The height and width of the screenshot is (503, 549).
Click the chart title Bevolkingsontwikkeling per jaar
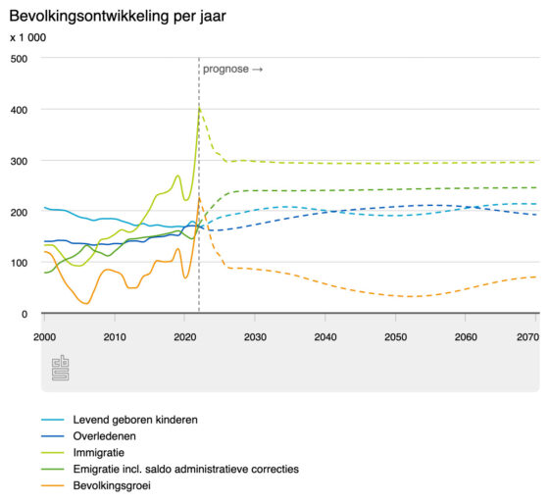[118, 17]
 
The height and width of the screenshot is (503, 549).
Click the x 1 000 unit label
[28, 37]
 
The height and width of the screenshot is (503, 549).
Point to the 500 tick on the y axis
[19, 59]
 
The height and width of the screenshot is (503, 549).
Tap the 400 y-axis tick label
[19, 110]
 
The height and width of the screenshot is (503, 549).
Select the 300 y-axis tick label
[19, 161]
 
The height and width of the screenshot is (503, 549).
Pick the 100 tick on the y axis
[19, 263]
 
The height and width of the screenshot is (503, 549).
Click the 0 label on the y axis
[25, 314]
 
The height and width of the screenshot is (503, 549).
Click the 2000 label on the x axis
[44, 337]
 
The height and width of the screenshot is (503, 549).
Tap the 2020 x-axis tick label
[185, 337]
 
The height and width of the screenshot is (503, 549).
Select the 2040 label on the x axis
[325, 337]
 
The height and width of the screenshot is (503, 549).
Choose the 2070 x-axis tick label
[528, 337]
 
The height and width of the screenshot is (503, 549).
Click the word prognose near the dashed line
[225, 70]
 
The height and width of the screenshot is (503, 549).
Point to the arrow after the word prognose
[258, 70]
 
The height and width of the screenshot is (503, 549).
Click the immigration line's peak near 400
[199, 108]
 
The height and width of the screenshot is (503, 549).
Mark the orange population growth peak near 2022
[199, 197]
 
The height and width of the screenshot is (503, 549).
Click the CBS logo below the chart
[60, 368]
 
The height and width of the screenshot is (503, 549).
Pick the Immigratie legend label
[99, 453]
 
